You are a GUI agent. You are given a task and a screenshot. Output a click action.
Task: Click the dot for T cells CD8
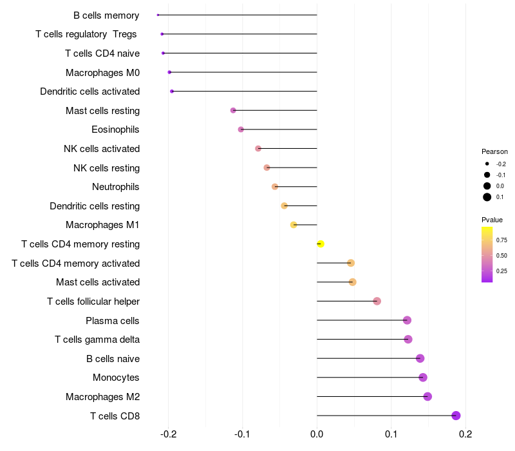tap(456, 416)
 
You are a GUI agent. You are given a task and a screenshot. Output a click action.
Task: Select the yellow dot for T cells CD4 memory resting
tap(321, 244)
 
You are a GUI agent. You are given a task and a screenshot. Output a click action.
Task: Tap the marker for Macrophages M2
tap(427, 396)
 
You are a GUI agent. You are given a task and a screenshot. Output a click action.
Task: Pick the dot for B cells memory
tap(158, 15)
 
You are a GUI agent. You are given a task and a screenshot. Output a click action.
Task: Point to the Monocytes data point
tap(423, 378)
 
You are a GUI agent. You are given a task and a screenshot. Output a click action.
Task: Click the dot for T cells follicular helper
tap(377, 301)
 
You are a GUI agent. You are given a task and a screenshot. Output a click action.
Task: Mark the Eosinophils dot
tap(241, 130)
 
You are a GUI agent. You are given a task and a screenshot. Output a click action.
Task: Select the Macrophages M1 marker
tap(294, 225)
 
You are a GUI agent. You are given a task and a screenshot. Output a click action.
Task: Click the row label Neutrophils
tap(116, 187)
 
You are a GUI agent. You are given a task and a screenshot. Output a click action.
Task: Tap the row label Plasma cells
tap(113, 320)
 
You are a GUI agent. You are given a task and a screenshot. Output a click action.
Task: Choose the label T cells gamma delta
tap(97, 340)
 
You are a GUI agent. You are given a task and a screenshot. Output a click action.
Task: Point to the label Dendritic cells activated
tap(89, 91)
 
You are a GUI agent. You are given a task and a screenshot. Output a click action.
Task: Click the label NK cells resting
tap(106, 168)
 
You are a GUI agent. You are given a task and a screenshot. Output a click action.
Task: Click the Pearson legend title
tap(494, 151)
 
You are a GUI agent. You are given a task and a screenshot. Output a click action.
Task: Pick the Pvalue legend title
tap(492, 220)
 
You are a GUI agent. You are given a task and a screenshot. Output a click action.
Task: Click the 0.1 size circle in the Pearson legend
tap(487, 197)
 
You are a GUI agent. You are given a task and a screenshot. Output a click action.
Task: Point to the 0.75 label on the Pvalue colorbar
tap(501, 240)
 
